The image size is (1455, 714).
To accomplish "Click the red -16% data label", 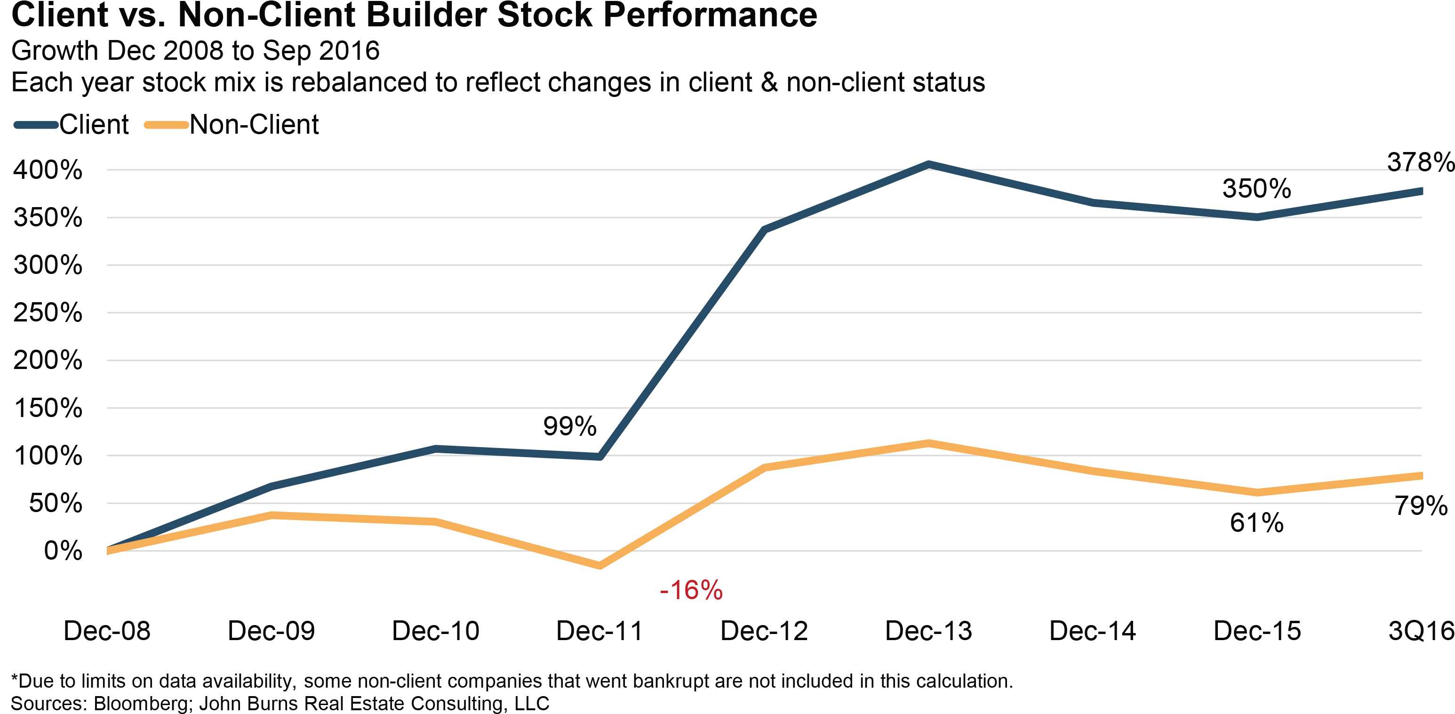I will point(691,590).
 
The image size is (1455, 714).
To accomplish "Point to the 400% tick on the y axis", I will point(48,169).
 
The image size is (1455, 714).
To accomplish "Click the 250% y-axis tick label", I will point(48,313).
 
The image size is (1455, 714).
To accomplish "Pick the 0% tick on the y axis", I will point(62,550).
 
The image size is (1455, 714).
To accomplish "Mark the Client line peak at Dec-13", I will point(928,164).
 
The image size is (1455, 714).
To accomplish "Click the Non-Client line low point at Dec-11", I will point(600,565).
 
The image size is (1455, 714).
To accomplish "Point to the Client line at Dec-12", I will point(764,229).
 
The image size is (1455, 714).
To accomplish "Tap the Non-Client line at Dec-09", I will point(272,514).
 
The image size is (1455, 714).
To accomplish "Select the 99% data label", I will point(569,425).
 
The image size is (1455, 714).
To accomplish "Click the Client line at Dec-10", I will point(435,449).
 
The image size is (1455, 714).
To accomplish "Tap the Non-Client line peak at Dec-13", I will point(928,443).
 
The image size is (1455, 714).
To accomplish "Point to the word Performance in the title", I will point(710,15).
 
